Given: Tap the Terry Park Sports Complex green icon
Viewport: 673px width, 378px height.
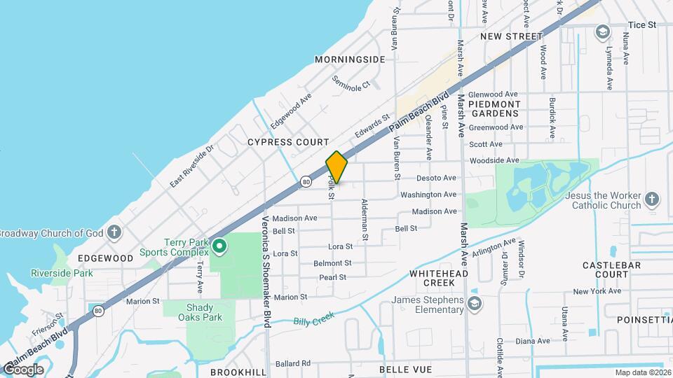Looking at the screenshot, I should (219, 245).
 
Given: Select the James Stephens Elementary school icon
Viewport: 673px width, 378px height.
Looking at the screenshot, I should (475, 303).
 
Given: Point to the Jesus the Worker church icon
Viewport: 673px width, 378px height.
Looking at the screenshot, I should (651, 199).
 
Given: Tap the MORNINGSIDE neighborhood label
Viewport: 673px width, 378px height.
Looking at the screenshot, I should (350, 59).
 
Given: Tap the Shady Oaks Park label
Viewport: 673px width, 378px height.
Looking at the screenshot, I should (194, 312).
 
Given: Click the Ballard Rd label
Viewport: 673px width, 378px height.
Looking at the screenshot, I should (293, 363).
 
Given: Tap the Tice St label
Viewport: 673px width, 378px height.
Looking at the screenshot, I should (641, 24).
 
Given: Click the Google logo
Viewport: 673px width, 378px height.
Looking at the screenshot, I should (22, 369).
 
